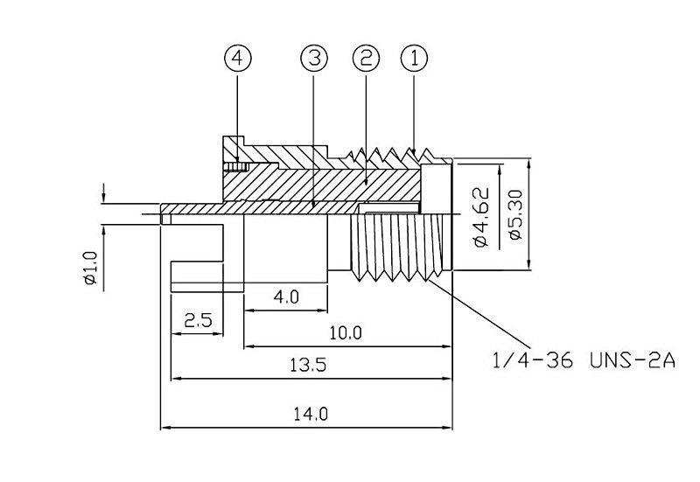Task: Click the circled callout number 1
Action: [x=415, y=59]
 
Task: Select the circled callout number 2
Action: [x=366, y=59]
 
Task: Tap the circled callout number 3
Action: [x=314, y=59]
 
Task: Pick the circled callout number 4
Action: [x=238, y=59]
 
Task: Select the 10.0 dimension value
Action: [x=346, y=332]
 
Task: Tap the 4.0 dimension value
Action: [x=286, y=297]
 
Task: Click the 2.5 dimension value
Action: [x=199, y=321]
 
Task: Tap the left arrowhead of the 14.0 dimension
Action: [x=164, y=428]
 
